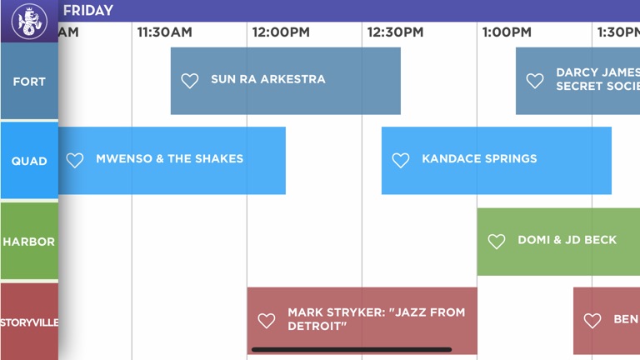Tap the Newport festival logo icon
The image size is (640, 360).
pos(29,22)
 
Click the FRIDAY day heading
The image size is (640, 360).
pos(88,11)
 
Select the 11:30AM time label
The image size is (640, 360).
pos(164,32)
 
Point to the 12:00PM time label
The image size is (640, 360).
pos(281,32)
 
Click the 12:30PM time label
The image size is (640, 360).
pos(395,32)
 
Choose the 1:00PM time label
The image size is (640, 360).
pos(506,32)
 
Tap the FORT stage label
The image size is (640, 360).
pos(29,82)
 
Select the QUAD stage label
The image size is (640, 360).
pos(29,161)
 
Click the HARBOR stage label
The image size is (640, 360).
pos(29,242)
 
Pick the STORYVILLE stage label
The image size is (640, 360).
pos(29,322)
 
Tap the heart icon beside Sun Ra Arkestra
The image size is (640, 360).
pos(190,81)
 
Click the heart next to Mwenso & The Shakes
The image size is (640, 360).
pos(75,161)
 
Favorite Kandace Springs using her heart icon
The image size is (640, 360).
pos(401,161)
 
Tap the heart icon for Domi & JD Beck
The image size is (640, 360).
pos(497,242)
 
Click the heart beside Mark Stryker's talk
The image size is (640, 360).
pos(266,321)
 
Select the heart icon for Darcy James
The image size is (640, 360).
pos(535,81)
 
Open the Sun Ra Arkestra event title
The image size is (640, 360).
pos(268,80)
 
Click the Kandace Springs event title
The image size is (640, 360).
pos(479,159)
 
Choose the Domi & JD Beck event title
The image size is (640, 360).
pos(567,240)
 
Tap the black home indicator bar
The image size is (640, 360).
pos(352,350)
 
